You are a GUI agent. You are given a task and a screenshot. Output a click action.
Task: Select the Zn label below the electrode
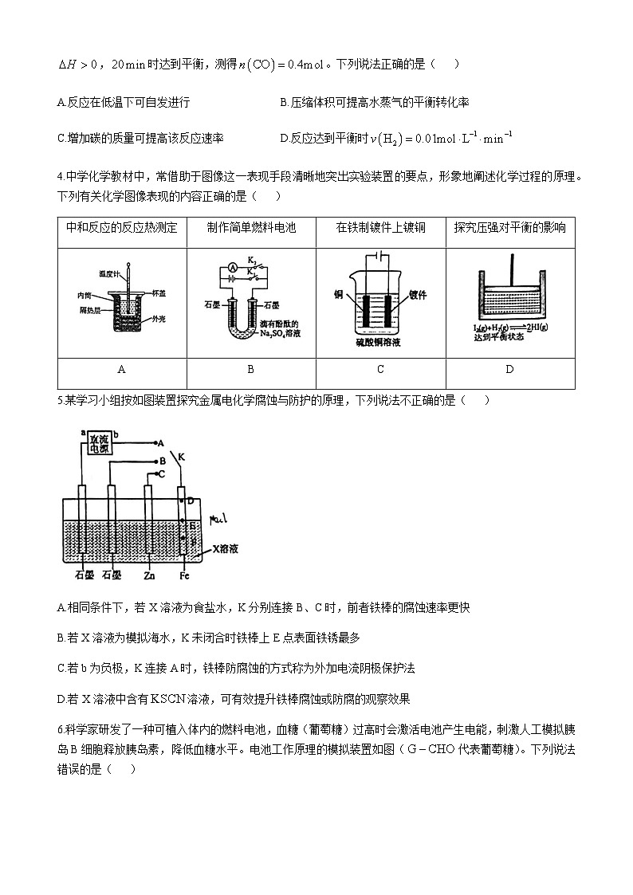click(x=149, y=574)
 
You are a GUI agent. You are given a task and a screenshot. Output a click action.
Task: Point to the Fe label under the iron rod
click(x=185, y=574)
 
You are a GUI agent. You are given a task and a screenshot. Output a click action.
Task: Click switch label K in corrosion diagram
click(x=182, y=457)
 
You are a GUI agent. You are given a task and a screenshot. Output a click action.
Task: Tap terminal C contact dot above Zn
click(x=154, y=473)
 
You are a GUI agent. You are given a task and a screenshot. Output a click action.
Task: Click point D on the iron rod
click(x=191, y=501)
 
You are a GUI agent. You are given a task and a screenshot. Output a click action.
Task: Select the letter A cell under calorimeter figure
click(x=121, y=370)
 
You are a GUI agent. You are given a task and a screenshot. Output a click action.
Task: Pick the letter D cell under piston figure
click(x=509, y=370)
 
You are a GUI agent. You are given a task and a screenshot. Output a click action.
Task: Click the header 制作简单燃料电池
click(x=250, y=229)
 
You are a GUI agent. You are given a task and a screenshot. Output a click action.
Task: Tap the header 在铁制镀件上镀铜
click(x=380, y=229)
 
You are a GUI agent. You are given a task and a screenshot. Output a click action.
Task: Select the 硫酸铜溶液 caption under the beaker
click(x=380, y=343)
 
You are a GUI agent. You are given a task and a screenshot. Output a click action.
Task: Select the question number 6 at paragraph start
click(x=61, y=728)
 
